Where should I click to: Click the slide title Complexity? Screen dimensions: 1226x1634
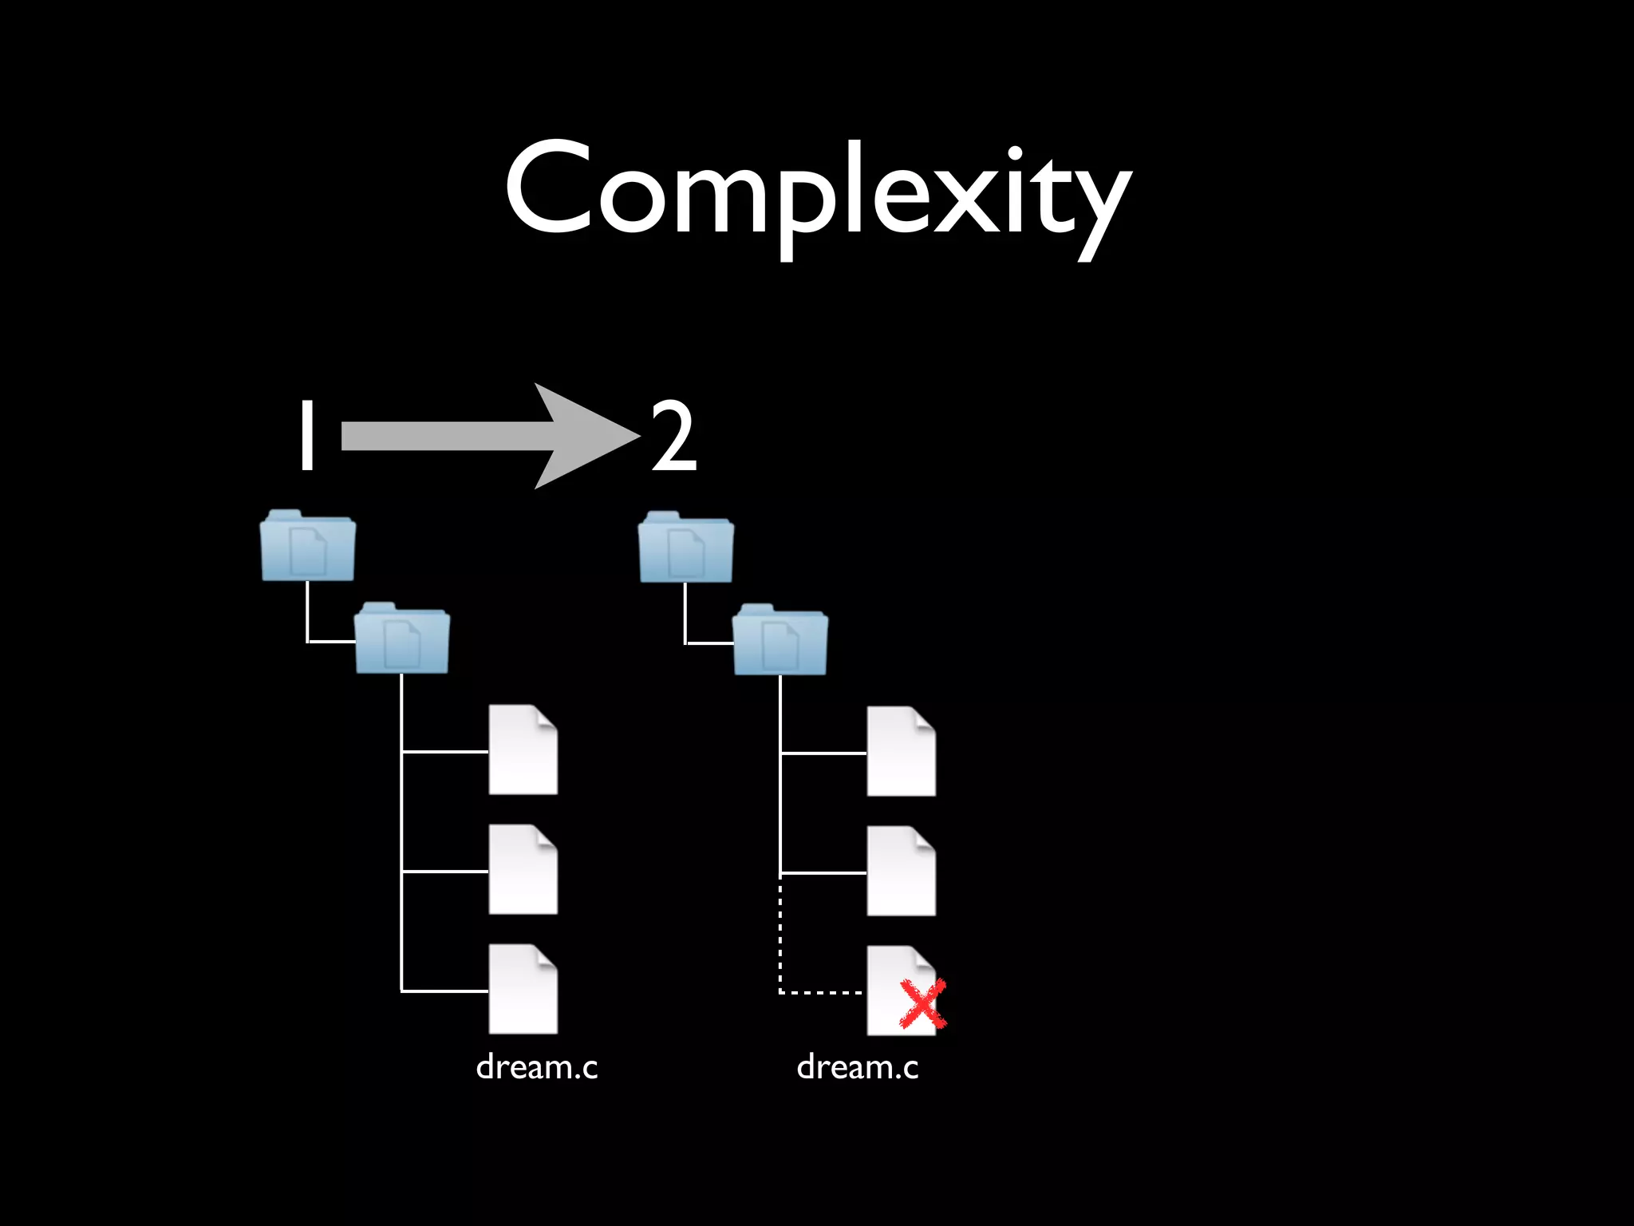tap(817, 192)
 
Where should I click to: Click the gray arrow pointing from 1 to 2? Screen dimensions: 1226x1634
tap(479, 436)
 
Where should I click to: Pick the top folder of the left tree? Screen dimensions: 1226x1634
tap(308, 546)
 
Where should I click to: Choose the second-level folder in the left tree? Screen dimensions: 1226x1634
tap(402, 639)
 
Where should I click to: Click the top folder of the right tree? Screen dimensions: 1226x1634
tap(686, 548)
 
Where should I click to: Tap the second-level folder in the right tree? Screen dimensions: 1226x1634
tap(780, 640)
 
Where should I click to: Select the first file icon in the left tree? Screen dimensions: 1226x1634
tap(523, 749)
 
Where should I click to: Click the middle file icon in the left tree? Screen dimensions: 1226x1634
tap(523, 869)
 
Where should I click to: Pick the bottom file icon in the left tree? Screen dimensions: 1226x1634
tap(523, 989)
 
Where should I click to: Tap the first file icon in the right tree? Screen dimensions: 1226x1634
tap(901, 751)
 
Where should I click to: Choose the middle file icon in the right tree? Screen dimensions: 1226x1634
tap(901, 871)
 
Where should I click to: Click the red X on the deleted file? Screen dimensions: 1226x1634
tap(922, 1004)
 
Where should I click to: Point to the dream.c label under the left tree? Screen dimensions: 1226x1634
tap(536, 1067)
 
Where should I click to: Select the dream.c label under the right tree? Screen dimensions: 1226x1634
tap(858, 1067)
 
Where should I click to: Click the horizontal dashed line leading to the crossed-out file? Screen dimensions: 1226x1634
tap(822, 992)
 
